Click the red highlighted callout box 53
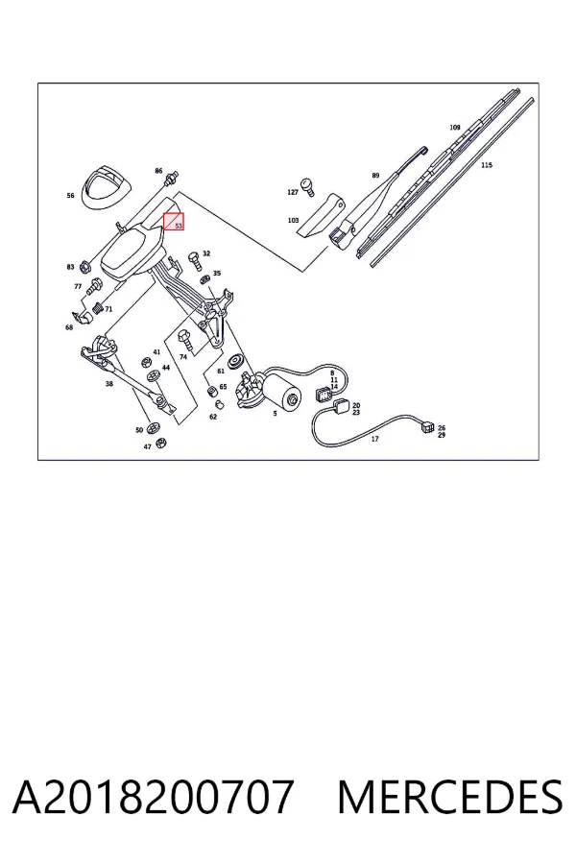174,222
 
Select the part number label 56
70,196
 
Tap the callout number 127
293,192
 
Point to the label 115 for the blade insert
486,165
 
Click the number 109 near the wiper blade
454,128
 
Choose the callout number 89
375,176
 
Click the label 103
293,221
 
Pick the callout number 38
109,383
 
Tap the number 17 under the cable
374,439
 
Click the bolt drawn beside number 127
306,187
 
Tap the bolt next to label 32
195,259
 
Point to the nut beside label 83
84,267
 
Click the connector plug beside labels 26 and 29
427,427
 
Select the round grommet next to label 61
237,361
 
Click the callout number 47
147,446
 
